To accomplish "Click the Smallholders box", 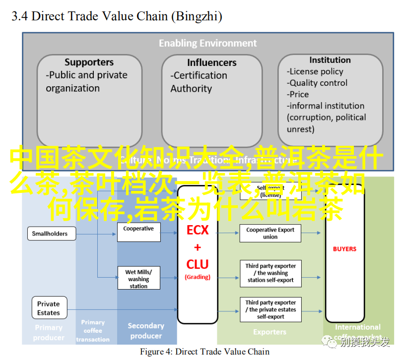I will [x=50, y=234].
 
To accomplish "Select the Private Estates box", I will [x=49, y=308].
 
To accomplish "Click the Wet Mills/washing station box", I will [x=138, y=279].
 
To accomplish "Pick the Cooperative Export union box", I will [x=270, y=233].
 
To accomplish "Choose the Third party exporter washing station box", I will [x=270, y=273].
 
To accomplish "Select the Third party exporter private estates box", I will [x=270, y=309].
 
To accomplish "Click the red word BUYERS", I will [x=344, y=249].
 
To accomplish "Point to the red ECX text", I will [x=198, y=230].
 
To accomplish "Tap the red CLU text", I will [x=198, y=264].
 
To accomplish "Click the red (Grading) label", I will [x=198, y=277].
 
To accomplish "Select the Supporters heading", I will [x=89, y=62].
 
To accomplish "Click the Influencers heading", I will [x=212, y=62].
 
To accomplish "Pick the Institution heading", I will [x=330, y=60].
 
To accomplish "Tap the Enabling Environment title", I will [x=207, y=43].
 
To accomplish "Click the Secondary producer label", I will [x=146, y=331].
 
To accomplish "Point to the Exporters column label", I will [x=269, y=332].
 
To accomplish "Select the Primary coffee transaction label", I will [x=93, y=331].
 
